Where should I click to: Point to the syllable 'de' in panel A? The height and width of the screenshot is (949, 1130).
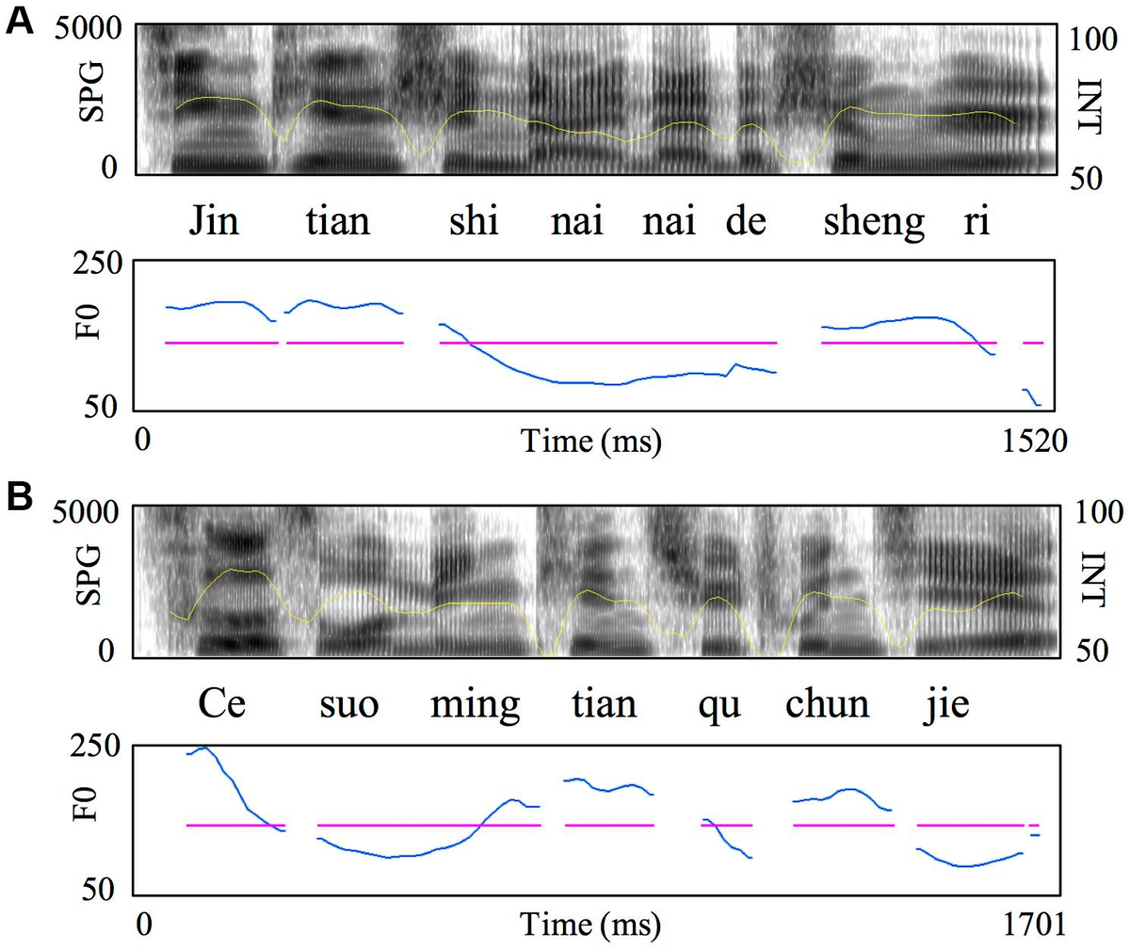point(746,223)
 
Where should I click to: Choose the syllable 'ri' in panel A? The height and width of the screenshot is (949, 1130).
point(976,223)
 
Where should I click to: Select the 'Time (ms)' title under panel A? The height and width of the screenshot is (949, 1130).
point(589,440)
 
